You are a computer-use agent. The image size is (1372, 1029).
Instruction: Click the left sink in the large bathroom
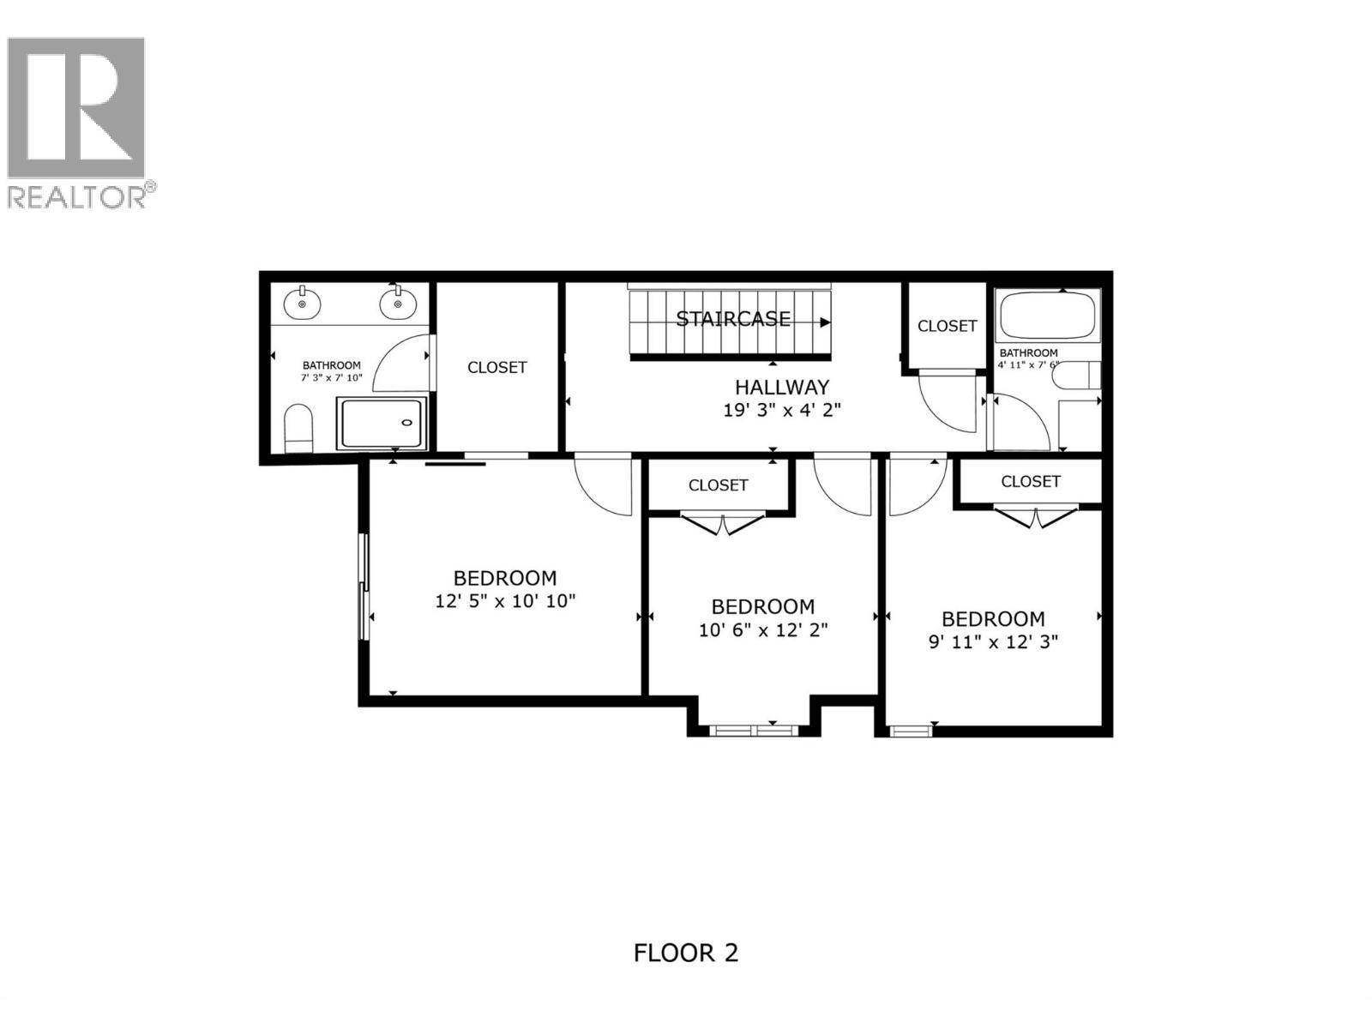(x=302, y=303)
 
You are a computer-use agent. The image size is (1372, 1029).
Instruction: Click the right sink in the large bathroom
(x=397, y=303)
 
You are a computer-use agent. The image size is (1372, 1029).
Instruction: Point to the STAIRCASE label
(x=733, y=319)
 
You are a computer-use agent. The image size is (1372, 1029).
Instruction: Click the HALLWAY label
(x=782, y=387)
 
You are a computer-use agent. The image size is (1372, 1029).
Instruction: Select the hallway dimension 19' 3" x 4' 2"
(x=782, y=410)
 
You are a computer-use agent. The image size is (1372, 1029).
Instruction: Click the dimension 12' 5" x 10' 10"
(x=505, y=600)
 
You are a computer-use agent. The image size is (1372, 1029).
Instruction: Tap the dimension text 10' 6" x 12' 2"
(x=763, y=630)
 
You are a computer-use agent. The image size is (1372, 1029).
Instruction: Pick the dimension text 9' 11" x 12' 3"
(x=994, y=641)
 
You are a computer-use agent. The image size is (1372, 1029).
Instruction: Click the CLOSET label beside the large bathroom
(x=497, y=367)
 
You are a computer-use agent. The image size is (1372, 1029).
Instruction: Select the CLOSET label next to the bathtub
(x=947, y=326)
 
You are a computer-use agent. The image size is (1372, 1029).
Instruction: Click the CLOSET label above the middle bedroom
(x=719, y=485)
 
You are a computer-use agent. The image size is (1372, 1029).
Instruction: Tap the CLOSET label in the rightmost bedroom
(x=1031, y=482)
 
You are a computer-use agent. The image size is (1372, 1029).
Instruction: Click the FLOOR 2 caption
(x=686, y=953)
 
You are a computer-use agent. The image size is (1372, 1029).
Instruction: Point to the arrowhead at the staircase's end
(x=825, y=322)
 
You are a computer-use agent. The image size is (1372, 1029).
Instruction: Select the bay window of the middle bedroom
(x=751, y=731)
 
